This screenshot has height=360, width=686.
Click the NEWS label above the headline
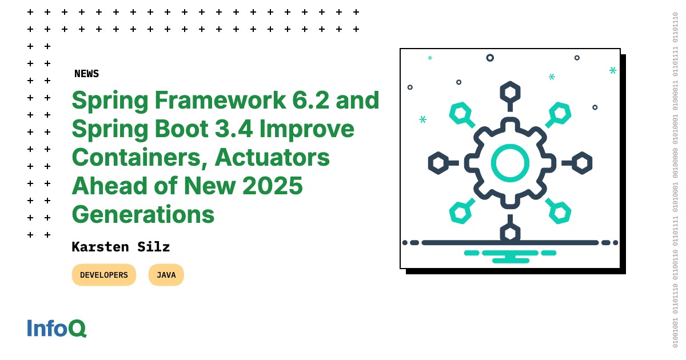(x=86, y=74)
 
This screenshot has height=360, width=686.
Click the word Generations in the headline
(x=143, y=215)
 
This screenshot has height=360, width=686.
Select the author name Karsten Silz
(x=121, y=247)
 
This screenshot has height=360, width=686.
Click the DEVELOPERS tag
(x=104, y=275)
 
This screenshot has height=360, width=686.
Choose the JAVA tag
(x=166, y=275)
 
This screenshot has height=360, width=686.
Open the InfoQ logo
(x=57, y=328)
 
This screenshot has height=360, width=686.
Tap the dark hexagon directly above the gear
(x=510, y=91)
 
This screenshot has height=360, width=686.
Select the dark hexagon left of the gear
(x=438, y=163)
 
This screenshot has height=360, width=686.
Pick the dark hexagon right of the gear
(x=582, y=163)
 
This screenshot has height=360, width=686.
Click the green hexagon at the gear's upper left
(x=460, y=113)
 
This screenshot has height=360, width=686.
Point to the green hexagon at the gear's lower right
(x=560, y=213)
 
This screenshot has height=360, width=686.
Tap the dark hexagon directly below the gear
(x=510, y=233)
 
